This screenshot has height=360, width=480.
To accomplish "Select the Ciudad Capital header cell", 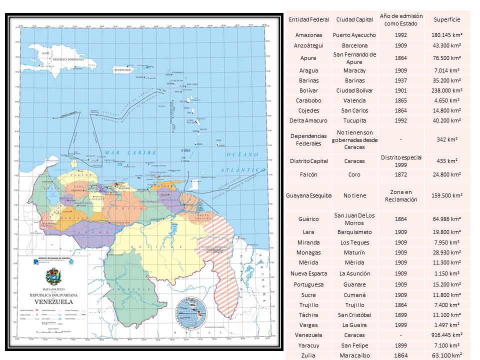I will [354, 19].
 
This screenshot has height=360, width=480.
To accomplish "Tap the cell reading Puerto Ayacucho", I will [354, 35].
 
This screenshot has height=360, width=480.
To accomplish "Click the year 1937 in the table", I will [400, 80].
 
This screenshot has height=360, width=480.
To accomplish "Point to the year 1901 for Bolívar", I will [400, 90].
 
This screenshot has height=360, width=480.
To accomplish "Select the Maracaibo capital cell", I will [354, 355].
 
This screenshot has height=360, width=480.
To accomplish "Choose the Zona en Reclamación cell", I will [400, 195].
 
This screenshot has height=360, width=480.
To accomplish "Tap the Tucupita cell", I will [354, 120].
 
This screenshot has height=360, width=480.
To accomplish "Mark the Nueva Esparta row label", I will [308, 273].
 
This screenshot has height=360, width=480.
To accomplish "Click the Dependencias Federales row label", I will [308, 139].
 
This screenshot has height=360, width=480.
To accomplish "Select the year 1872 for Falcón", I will [400, 174].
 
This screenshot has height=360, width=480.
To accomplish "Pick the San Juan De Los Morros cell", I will [354, 218].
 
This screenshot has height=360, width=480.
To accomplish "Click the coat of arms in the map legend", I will [52, 275].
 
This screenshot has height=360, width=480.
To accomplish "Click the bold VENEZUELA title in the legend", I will [53, 302].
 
